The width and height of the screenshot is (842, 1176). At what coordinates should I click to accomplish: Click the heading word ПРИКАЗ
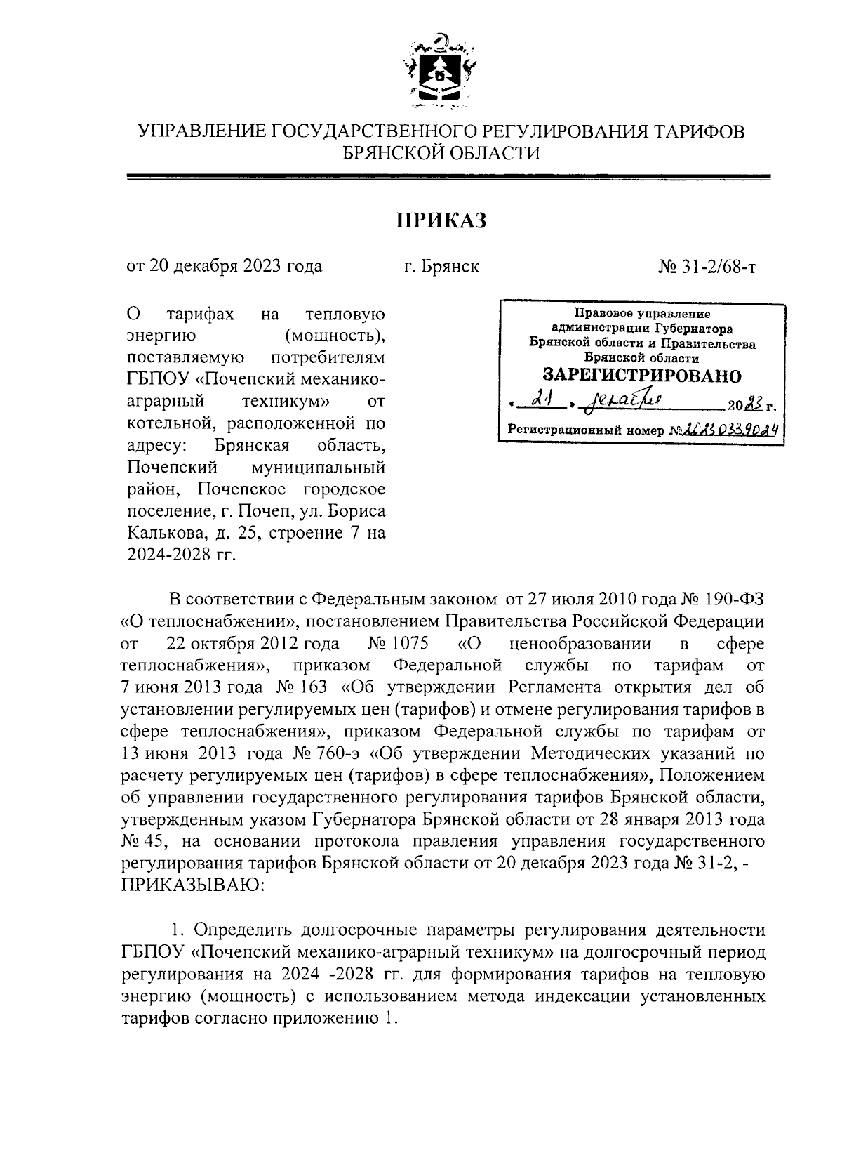pyautogui.click(x=441, y=220)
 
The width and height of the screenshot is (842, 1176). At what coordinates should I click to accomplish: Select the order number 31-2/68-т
pyautogui.click(x=718, y=267)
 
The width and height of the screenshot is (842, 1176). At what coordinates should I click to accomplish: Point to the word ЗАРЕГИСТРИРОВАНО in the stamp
pyautogui.click(x=643, y=375)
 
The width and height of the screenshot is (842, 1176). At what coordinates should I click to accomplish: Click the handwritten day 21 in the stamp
pyautogui.click(x=540, y=401)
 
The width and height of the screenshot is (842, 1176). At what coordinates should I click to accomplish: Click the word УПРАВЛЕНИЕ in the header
pyautogui.click(x=201, y=131)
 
